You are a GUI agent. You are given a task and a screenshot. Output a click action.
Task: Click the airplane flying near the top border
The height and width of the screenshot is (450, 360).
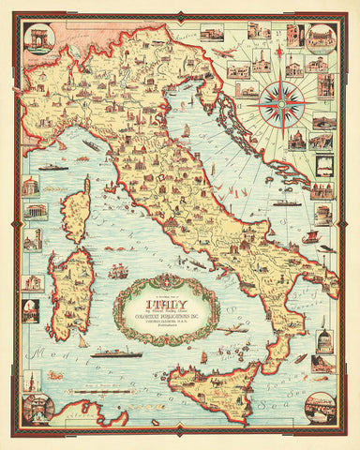click(225, 53)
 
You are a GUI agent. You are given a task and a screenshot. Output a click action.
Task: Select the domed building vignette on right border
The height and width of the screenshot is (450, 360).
click(322, 342)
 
